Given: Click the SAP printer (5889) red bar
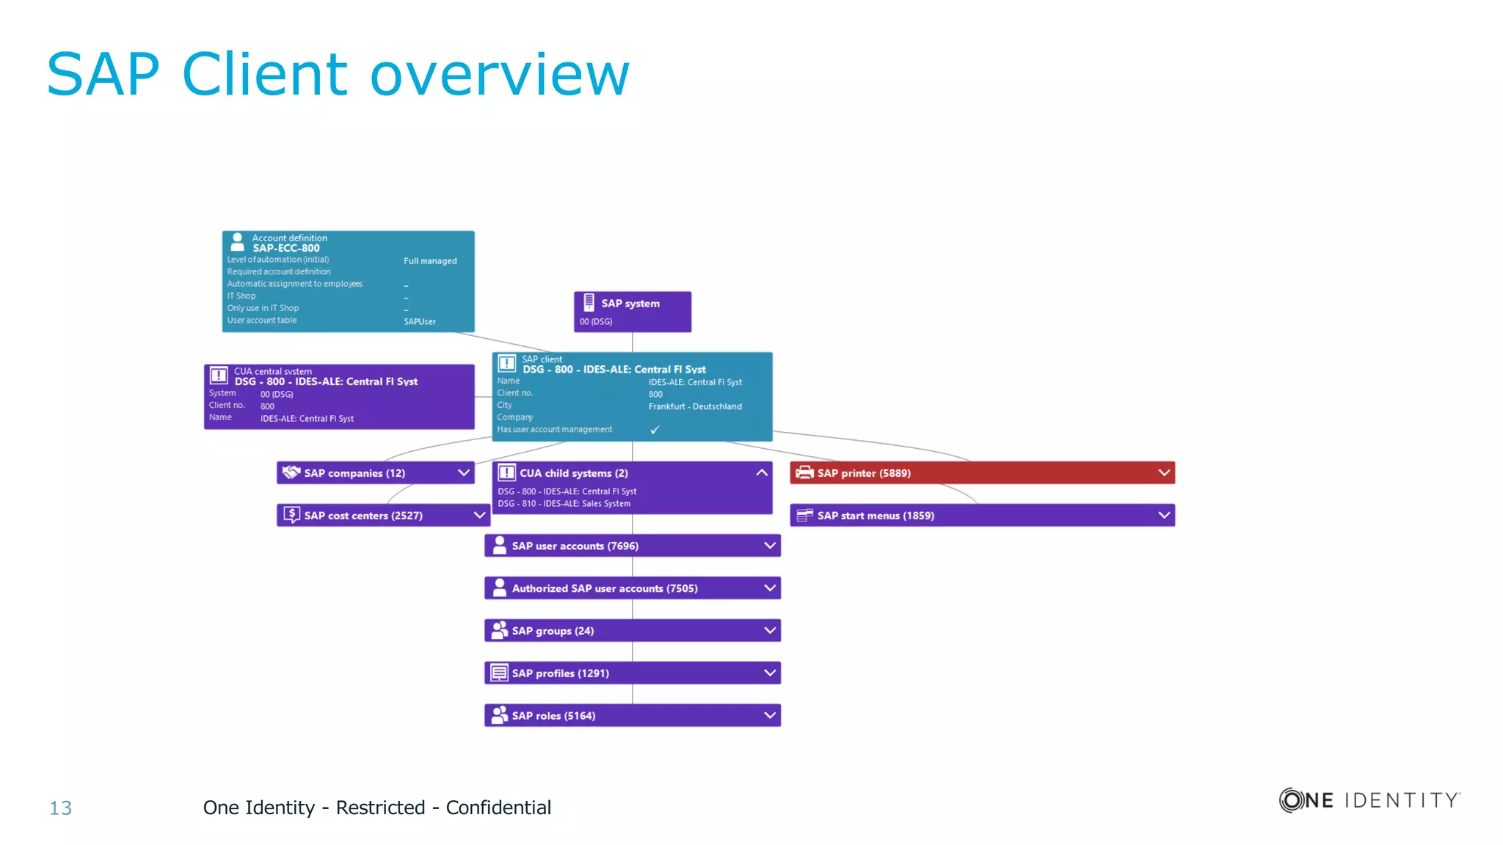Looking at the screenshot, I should [x=982, y=473].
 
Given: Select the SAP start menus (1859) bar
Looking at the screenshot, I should [x=982, y=516].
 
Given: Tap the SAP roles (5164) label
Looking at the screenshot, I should [x=553, y=716].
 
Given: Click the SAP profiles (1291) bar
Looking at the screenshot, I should [x=632, y=673].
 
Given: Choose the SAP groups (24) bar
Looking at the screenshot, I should [x=632, y=631].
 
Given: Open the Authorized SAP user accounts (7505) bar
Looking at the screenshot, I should [x=632, y=588].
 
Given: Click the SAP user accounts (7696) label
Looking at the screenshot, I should [x=575, y=546].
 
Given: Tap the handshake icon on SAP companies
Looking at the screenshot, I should [x=291, y=472].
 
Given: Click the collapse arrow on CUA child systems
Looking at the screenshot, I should [x=762, y=473].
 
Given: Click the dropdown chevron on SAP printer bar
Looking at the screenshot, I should [x=1164, y=473].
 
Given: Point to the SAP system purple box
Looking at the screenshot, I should [x=632, y=312].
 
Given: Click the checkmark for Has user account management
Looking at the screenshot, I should [x=655, y=430].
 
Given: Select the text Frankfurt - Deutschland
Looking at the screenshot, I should [x=695, y=406].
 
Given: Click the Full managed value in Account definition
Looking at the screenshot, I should [x=430, y=261].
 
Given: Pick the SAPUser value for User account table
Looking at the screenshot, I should [x=420, y=322].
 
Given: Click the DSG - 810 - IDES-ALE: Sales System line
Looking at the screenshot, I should [x=564, y=504].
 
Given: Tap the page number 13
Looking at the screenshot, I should [x=60, y=808].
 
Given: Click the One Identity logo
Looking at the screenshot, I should [x=1369, y=800].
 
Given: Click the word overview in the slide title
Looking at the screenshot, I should [x=500, y=75].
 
